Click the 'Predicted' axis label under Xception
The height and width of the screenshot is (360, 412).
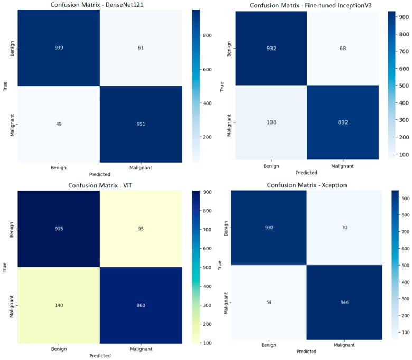(x=306, y=351)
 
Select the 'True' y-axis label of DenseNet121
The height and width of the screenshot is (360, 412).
(x=5, y=86)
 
